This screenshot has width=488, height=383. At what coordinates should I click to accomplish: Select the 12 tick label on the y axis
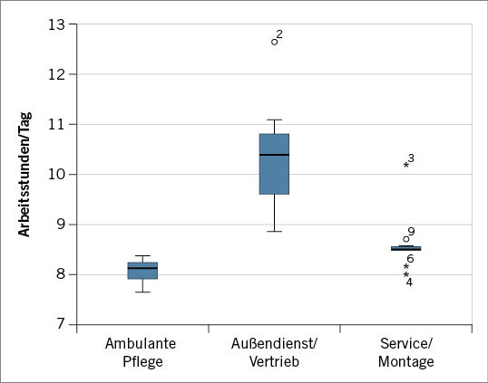pos(57,74)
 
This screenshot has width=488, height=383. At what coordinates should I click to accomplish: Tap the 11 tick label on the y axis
pos(57,124)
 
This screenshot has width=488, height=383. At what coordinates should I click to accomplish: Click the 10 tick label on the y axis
pos(57,174)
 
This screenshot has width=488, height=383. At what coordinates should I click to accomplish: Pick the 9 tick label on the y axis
pos(60,224)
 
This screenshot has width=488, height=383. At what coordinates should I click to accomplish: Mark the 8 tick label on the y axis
pos(60,273)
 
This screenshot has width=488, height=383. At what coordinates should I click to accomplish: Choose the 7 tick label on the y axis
pos(60,324)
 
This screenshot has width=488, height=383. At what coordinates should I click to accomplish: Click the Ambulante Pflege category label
pos(141,353)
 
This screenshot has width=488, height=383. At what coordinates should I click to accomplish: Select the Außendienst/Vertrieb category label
pos(274,353)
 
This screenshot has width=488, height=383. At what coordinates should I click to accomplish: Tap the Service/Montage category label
pos(405,353)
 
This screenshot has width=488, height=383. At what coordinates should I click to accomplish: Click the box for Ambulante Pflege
pos(142,271)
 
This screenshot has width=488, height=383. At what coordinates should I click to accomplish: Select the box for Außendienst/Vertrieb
pos(274,164)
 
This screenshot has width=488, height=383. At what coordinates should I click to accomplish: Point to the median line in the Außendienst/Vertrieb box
pos(274,155)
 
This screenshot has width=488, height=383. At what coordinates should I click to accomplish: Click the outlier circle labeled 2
pos(274,42)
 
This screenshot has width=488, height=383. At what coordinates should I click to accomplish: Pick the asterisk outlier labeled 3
pos(405,166)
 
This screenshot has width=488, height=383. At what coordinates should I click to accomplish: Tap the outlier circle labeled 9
pos(405,239)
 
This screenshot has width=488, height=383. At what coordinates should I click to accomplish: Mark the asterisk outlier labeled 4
pos(405,275)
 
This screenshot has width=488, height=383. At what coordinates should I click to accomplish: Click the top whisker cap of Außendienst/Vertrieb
pos(274,120)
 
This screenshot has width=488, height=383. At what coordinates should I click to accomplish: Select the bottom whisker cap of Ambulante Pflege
pos(142,292)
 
